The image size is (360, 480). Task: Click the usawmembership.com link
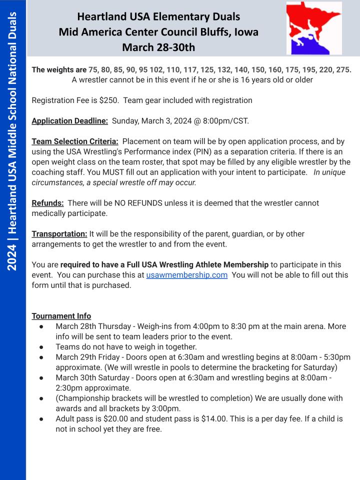tap(187, 274)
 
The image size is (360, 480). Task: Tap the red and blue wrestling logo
tap(314, 28)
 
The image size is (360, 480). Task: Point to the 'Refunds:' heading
tap(47, 203)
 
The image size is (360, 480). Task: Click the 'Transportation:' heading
tap(59, 233)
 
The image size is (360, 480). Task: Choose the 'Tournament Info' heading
tap(61, 316)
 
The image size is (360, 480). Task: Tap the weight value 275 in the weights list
tap(342, 69)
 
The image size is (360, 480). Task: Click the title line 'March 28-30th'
tap(158, 47)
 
